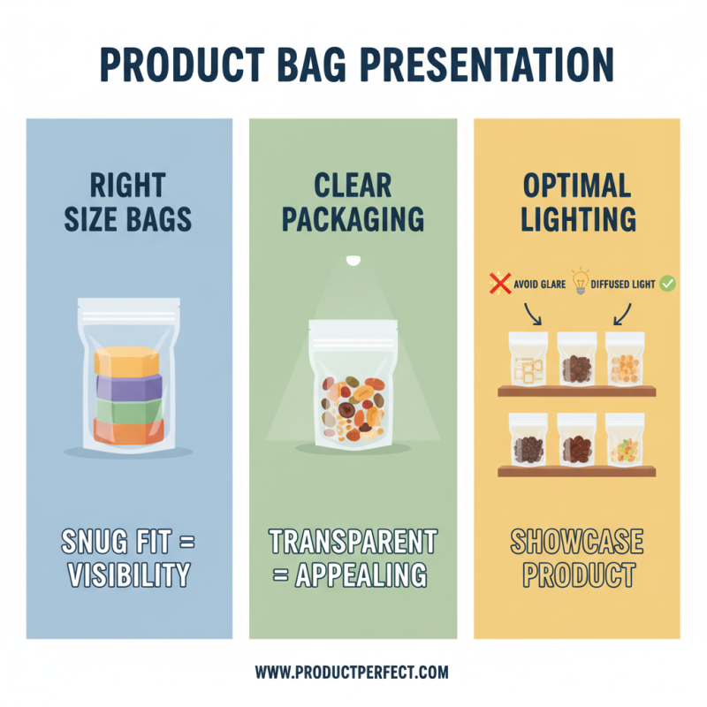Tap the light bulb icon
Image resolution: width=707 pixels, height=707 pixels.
(x=580, y=282)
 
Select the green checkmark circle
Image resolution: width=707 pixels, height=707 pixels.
(x=668, y=284)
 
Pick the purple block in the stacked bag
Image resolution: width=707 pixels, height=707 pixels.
(x=128, y=388)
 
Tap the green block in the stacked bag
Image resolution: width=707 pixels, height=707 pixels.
(x=128, y=411)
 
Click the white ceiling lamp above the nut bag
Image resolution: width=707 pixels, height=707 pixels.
(x=353, y=260)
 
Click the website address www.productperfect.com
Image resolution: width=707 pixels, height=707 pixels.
(x=352, y=673)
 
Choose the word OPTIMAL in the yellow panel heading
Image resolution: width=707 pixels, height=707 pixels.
(x=577, y=186)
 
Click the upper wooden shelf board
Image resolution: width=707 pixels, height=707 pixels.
(x=577, y=391)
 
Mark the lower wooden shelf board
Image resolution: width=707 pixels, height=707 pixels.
(x=577, y=472)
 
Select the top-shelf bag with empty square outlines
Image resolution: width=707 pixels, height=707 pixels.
(x=528, y=361)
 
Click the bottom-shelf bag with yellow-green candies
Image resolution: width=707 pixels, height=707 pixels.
(x=625, y=442)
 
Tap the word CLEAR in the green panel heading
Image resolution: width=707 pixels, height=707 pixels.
(x=353, y=186)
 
